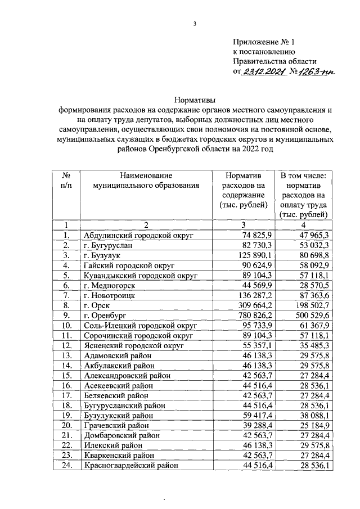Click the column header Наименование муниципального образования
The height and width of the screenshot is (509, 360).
141,180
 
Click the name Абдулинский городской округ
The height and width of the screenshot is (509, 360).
131,235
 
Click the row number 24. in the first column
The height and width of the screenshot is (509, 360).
66,466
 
